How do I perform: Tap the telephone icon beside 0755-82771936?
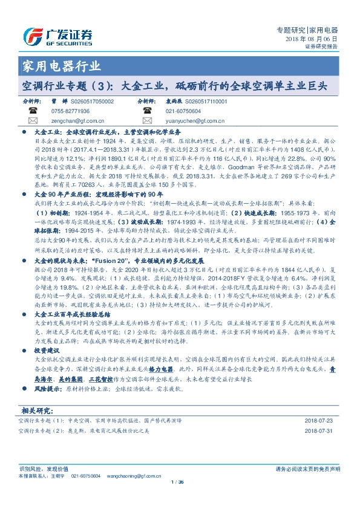[x=33, y=112]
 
